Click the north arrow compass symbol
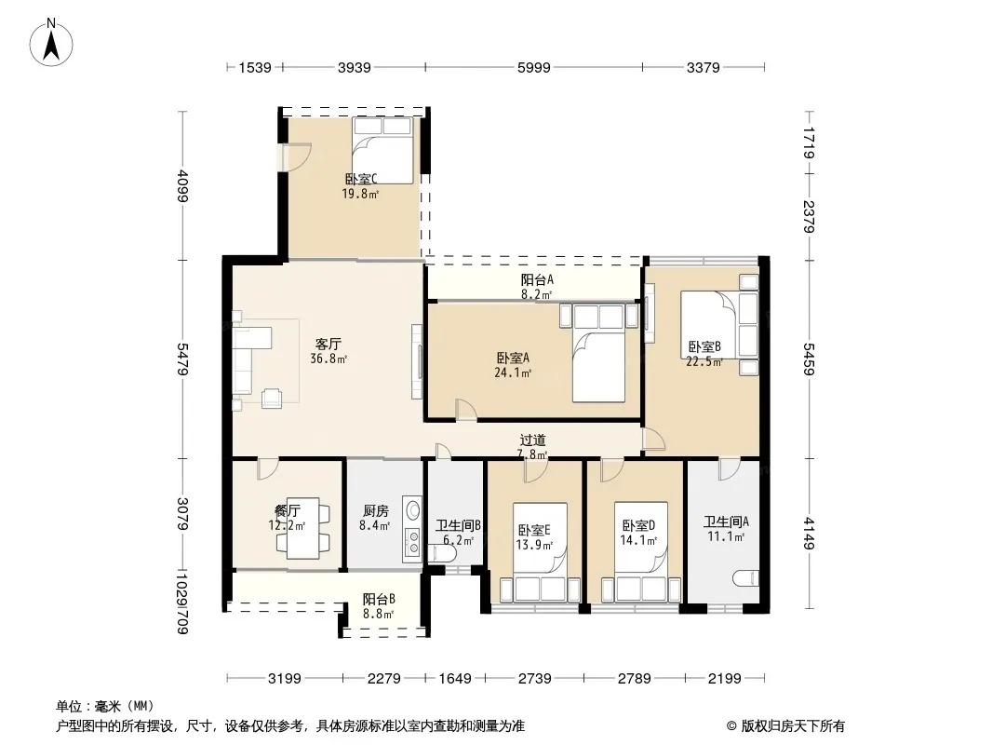[x=51, y=42]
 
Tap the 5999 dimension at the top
[x=534, y=67]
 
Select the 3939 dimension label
[x=355, y=67]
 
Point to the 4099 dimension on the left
[x=182, y=186]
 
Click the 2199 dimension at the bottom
[x=724, y=679]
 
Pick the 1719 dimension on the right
[x=810, y=142]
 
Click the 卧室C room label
[x=361, y=180]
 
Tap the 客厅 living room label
[x=328, y=344]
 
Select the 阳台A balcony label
[x=537, y=279]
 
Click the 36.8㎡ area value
[x=328, y=359]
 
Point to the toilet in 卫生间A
[x=745, y=578]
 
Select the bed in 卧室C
[x=382, y=150]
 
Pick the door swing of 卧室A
[x=466, y=410]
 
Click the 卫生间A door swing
[x=730, y=469]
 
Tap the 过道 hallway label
[x=532, y=440]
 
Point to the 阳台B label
[x=379, y=599]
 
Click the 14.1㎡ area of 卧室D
[x=638, y=540]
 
